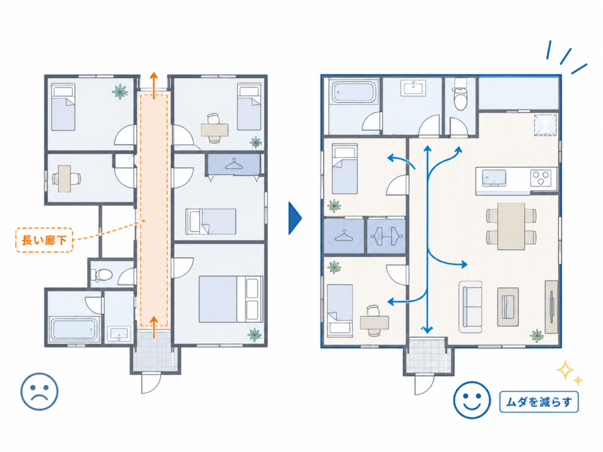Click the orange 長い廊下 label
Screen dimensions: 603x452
pyautogui.click(x=44, y=240)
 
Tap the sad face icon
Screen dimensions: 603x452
pyautogui.click(x=39, y=391)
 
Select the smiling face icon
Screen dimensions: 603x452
pyautogui.click(x=472, y=400)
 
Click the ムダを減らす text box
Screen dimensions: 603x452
pyautogui.click(x=539, y=402)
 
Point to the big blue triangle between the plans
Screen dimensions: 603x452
pyautogui.click(x=295, y=218)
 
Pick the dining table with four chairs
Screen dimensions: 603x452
pyautogui.click(x=511, y=227)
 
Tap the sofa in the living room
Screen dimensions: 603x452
pyautogui.click(x=471, y=307)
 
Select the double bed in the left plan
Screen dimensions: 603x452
pyautogui.click(x=231, y=299)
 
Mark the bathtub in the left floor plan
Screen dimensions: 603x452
pyautogui.click(x=74, y=329)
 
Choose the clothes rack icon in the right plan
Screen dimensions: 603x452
pyautogui.click(x=386, y=236)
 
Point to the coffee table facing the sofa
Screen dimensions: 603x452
pyautogui.click(x=508, y=307)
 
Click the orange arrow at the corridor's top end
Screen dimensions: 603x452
pyautogui.click(x=154, y=85)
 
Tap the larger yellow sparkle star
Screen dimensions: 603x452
pyautogui.click(x=565, y=371)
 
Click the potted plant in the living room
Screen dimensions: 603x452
pyautogui.click(x=537, y=335)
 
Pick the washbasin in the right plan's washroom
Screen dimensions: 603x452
pyautogui.click(x=413, y=88)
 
